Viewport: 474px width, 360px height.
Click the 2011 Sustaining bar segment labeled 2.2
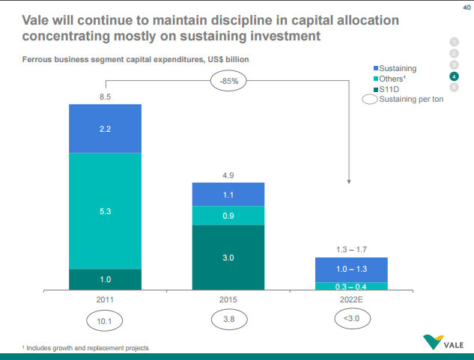[106, 128]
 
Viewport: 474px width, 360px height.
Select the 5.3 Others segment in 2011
[106, 211]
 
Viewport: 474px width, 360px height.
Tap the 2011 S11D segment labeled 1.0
[106, 279]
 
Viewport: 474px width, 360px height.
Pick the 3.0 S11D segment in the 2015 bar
[228, 257]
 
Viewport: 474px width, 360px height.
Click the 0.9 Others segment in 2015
[228, 216]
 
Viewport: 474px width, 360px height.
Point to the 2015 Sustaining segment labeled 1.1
[228, 194]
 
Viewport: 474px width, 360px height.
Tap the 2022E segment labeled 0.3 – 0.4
[351, 286]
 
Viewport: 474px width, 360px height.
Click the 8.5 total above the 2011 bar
[106, 97]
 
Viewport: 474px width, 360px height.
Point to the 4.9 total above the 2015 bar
[228, 176]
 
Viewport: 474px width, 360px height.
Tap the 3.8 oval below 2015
[228, 320]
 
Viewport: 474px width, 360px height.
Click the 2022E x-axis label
[351, 299]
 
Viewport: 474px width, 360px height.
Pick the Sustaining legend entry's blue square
[376, 68]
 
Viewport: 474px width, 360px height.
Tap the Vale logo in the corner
[443, 344]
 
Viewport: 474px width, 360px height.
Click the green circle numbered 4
[454, 76]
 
